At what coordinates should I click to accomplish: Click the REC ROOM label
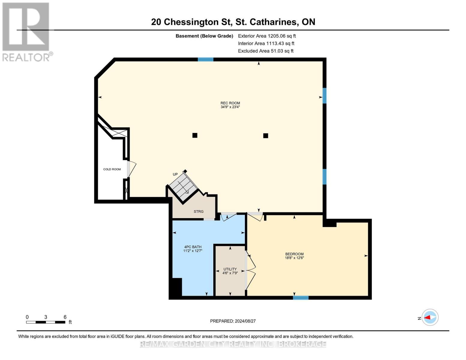coord(230,103)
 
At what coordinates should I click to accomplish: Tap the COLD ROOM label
coord(112,169)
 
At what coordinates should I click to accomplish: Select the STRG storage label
coord(198,211)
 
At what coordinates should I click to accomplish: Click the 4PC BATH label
coord(193,247)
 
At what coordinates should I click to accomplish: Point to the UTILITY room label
coord(230,269)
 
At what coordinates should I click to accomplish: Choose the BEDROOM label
coord(294,254)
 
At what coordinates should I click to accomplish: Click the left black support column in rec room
coord(195,135)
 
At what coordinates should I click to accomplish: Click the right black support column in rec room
coord(266,136)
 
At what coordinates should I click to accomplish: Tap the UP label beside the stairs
coord(175,174)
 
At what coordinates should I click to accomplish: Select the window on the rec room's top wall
coord(206,59)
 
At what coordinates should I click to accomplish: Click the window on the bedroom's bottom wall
coord(301,298)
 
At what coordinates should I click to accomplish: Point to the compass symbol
coord(430,317)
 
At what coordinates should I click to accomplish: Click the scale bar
coord(46,322)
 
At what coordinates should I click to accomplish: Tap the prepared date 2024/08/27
coord(233,321)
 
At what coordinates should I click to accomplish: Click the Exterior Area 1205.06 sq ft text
coord(267,36)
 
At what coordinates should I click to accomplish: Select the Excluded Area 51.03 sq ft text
coord(266,51)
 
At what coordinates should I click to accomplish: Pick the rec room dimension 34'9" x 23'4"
coord(230,107)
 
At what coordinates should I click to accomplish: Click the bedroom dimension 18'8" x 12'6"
coord(294,258)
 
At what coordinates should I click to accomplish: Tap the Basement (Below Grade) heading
coord(204,36)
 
